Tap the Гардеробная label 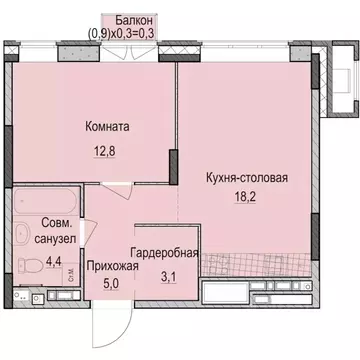coord(163,254)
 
